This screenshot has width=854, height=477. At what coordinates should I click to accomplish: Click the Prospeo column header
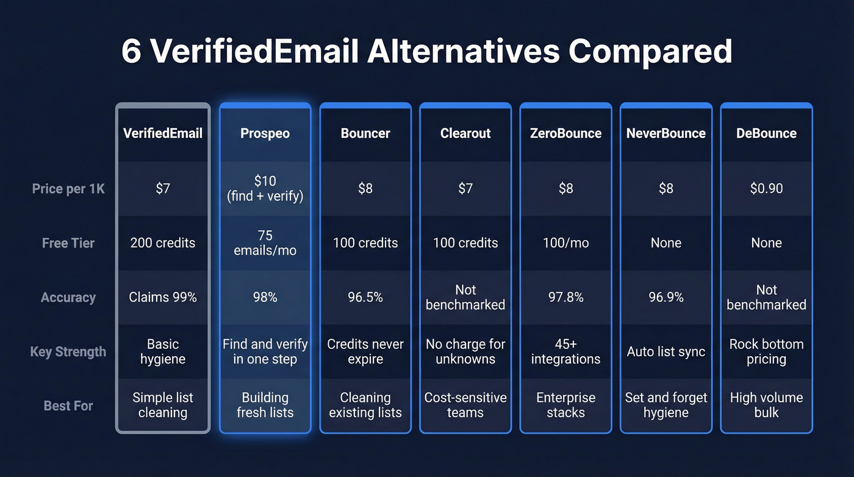coord(265,134)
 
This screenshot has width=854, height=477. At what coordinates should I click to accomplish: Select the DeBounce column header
coord(766,134)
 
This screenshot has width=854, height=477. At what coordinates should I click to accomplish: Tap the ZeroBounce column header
coord(565,134)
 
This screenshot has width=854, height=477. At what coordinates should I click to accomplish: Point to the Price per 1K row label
coord(68,189)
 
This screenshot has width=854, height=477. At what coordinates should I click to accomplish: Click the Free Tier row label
coord(68,243)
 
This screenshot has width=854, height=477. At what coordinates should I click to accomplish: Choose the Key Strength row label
coord(68,352)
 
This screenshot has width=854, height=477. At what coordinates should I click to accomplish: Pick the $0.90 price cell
coord(766,189)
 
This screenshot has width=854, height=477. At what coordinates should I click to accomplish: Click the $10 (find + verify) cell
coord(265,189)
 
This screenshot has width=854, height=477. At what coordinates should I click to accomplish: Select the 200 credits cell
coord(163,243)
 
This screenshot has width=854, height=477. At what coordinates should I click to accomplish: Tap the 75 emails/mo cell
coord(265,243)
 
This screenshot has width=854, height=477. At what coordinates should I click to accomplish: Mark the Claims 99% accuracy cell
coord(163,297)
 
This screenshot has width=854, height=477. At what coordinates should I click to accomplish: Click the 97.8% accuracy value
coord(565,297)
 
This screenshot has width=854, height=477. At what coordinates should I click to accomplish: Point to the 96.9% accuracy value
coord(666,297)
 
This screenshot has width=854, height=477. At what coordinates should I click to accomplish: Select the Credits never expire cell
coord(365,352)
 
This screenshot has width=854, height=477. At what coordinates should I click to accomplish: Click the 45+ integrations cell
coord(565,352)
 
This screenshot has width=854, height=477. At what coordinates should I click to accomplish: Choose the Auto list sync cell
coord(666,352)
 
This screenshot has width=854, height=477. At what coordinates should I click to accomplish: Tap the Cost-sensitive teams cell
coord(465,406)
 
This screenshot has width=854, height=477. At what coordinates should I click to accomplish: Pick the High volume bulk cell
coord(766,406)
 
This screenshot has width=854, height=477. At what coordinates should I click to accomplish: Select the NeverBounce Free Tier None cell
coord(666,243)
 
